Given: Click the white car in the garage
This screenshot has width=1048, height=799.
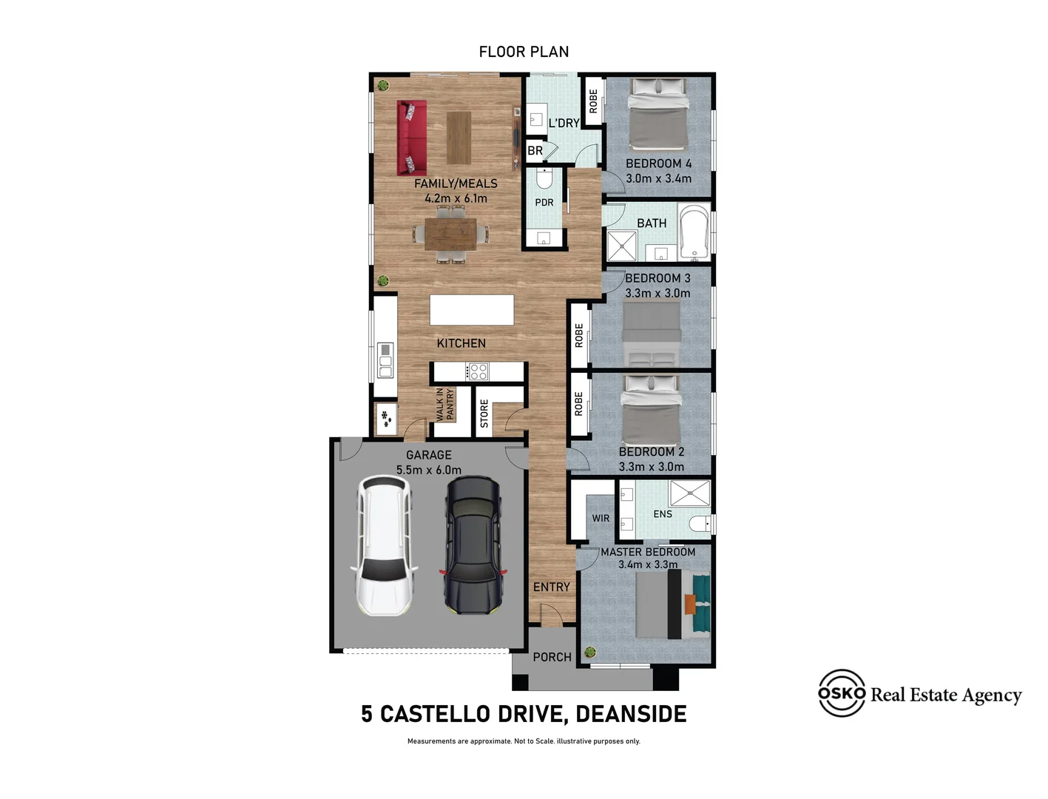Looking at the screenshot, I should point(384,546).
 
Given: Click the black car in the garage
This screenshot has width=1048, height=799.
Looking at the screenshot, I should point(473,545).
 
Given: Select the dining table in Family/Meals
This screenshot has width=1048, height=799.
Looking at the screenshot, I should point(450,234).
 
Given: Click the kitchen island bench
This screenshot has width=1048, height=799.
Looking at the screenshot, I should point(472,310).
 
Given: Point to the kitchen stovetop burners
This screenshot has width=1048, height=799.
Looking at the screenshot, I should point(478,371).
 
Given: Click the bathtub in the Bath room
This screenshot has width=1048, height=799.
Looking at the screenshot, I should point(694,232).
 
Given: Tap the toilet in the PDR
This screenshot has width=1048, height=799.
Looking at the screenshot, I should point(544,178).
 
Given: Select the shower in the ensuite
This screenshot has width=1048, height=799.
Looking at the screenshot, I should point(689,493).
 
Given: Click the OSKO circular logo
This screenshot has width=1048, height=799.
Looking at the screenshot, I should point(841,693).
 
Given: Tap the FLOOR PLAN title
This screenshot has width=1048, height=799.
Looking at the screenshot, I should point(524,52).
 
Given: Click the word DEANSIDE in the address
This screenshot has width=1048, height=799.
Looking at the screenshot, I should point(631,714).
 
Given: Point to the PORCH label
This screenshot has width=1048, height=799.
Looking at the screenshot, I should point(552,657).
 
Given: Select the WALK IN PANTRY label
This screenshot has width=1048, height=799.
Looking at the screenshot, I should point(445,405).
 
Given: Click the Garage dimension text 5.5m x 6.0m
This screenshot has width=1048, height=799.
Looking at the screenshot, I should point(428,470).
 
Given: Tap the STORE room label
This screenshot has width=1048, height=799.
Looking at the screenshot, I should point(484,414).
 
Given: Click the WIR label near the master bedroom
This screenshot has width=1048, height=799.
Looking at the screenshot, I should point(601,519).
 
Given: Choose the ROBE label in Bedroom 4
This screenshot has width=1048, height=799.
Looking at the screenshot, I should point(593,101).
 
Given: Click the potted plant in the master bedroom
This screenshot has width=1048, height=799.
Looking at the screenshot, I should point(590,652).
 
